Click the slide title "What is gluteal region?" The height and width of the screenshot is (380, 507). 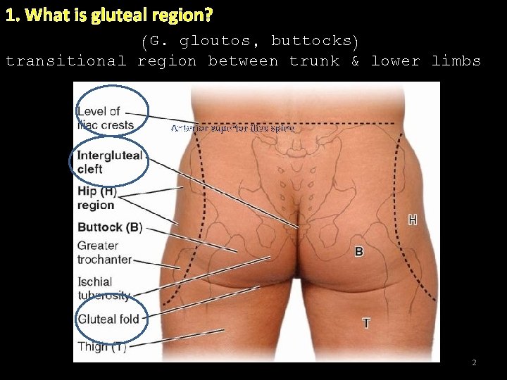[x=109, y=14]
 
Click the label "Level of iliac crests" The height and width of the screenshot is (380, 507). [x=105, y=118]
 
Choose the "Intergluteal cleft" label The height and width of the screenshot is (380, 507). [x=109, y=162]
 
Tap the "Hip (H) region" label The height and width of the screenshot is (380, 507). [x=96, y=198]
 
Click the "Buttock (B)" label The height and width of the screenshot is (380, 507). [x=110, y=227]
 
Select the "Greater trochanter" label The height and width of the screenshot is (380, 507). [x=104, y=252]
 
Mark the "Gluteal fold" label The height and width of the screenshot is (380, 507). [x=108, y=319]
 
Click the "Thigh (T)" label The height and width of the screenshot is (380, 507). [x=101, y=346]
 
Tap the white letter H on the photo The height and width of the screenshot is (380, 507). [x=412, y=220]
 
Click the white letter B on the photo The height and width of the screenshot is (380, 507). [x=359, y=251]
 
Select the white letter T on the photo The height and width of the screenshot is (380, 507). [x=366, y=323]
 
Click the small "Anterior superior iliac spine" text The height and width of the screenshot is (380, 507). [x=233, y=129]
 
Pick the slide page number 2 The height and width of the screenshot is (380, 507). [x=474, y=362]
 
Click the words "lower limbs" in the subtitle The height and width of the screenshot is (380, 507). [x=426, y=61]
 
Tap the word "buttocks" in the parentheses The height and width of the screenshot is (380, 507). [x=310, y=41]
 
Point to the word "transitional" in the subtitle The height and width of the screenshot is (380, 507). [x=65, y=61]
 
